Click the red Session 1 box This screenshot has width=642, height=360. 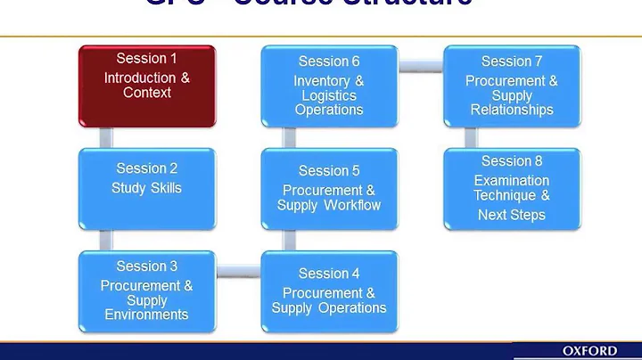coord(146,86)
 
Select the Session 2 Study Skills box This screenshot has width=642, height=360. coord(146,187)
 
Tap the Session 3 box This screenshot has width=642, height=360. coord(146,290)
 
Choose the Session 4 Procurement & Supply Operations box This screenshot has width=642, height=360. coord(329,290)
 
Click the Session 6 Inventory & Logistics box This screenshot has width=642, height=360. coord(329,86)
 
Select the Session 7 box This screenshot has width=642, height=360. coord(512,86)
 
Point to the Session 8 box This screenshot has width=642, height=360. coord(512,187)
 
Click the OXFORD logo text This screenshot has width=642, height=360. coord(601,351)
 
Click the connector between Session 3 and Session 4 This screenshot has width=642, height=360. coord(238,267)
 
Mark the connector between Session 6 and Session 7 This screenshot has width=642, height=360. coord(420,65)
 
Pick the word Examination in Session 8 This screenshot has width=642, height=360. coord(512,180)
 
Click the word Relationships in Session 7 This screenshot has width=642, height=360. coord(512,110)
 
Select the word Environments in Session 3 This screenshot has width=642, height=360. coord(146,314)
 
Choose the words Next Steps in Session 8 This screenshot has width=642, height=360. coord(512,215)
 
